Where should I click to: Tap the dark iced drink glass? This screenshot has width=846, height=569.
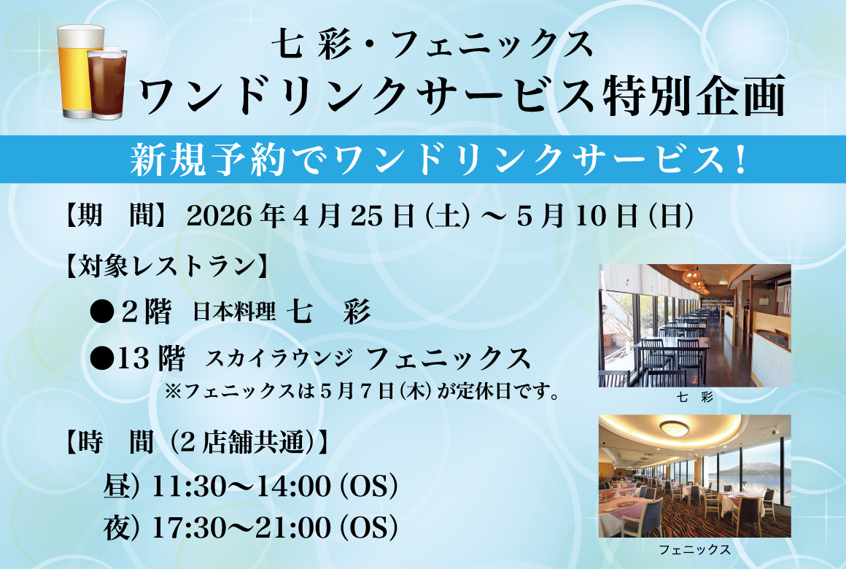(107, 82)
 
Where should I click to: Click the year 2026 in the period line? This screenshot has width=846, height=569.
(219, 217)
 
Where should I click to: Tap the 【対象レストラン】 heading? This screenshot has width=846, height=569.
(167, 267)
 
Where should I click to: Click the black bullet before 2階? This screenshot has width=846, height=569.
(102, 312)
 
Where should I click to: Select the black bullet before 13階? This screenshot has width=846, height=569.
(102, 358)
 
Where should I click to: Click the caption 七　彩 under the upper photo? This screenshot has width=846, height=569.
(695, 398)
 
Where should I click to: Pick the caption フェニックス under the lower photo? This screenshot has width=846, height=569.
(695, 549)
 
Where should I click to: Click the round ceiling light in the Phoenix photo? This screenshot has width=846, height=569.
(674, 428)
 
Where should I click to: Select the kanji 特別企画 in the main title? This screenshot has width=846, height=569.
(694, 96)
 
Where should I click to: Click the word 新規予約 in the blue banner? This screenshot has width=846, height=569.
(207, 160)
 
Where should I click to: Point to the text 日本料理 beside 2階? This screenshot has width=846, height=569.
(234, 311)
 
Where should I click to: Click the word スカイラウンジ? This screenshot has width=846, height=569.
(279, 358)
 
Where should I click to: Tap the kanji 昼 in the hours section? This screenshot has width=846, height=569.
(117, 487)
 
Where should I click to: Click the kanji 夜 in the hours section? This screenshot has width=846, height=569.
(117, 527)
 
